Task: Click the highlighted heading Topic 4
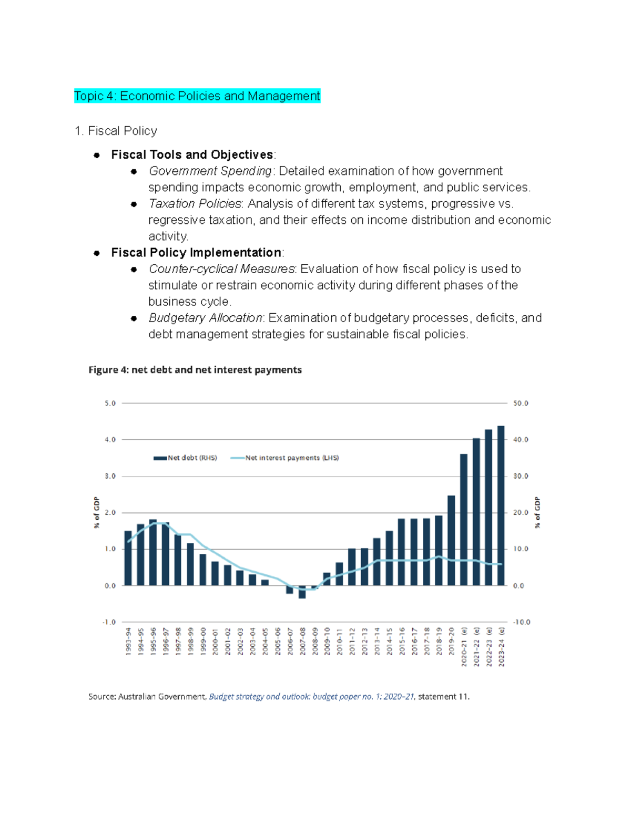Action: point(197,96)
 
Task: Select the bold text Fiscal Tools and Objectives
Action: point(192,154)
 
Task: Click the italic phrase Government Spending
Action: point(210,171)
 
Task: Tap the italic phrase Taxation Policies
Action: point(195,203)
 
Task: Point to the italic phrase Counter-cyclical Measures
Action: point(222,268)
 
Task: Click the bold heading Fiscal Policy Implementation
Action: point(196,252)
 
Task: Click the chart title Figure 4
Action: point(195,369)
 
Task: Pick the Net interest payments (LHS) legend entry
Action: point(286,458)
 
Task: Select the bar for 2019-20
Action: point(451,540)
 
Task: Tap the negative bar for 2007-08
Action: point(302,592)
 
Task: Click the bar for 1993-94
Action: point(128,558)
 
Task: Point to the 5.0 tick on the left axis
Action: point(110,403)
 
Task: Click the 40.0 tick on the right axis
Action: point(521,439)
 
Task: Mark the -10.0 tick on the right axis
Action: point(522,622)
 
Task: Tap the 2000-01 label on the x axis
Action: point(216,641)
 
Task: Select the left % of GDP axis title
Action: point(96,512)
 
